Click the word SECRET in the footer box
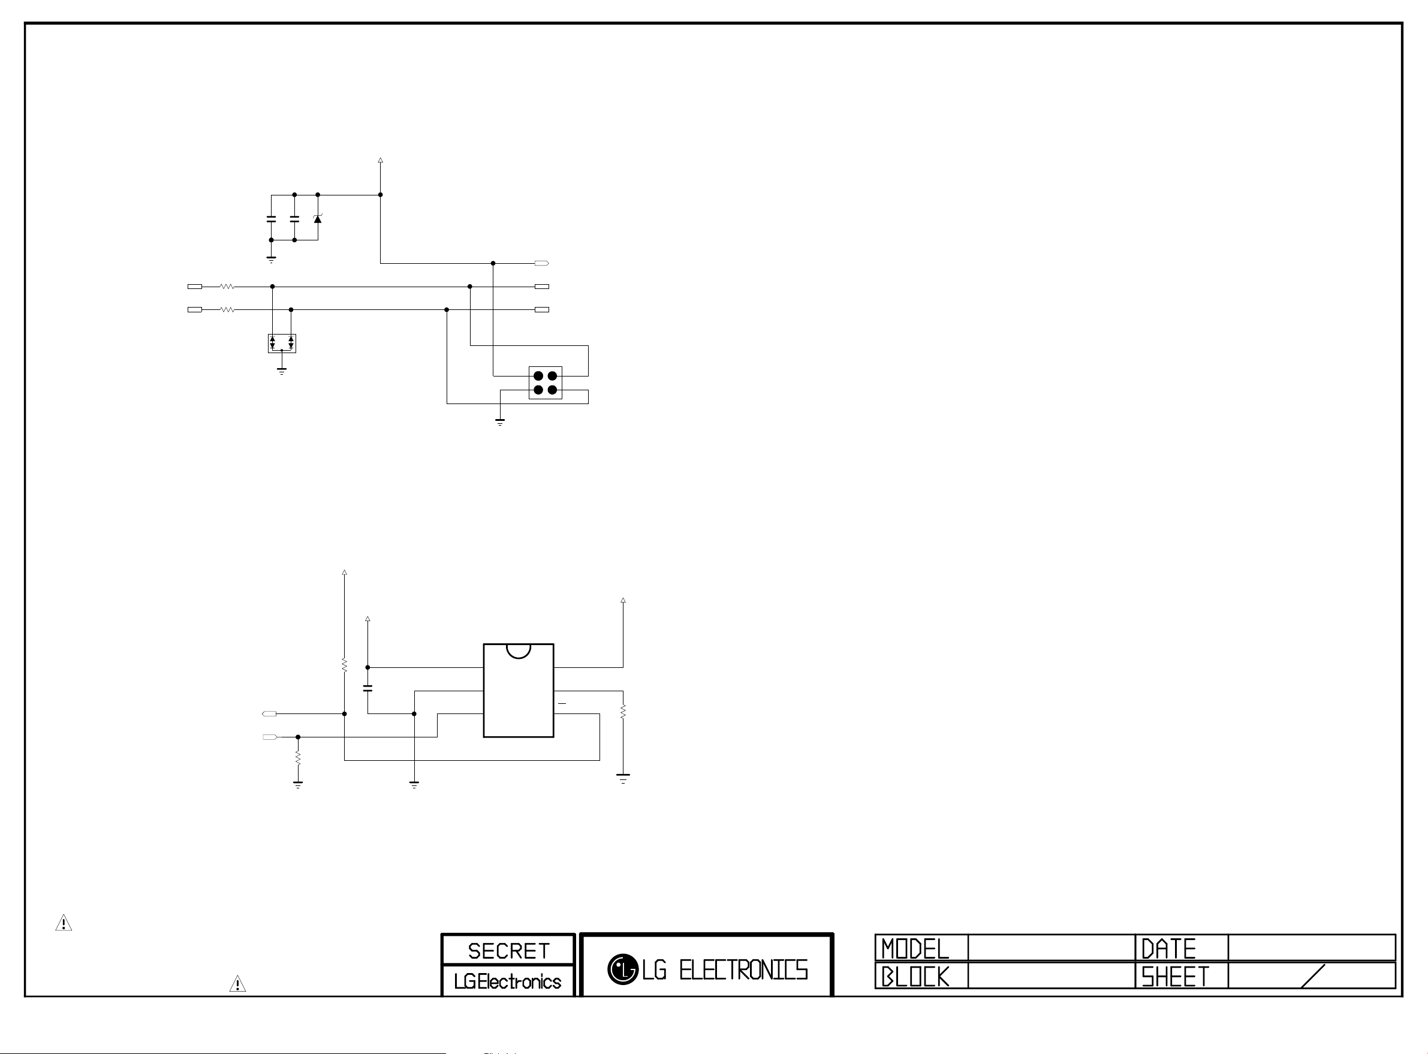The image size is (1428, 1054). [508, 951]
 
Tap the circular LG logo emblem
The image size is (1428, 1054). [622, 969]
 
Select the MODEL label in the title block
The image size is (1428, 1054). [915, 948]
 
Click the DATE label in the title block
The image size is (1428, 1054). [1168, 948]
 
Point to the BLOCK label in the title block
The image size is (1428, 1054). [915, 977]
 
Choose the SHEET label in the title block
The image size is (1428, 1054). [1175, 977]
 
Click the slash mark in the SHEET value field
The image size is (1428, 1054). [1312, 976]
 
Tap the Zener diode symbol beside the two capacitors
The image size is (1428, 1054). [318, 219]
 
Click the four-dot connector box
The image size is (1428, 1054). [546, 383]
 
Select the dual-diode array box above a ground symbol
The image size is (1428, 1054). [282, 344]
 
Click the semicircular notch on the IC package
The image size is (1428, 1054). [519, 650]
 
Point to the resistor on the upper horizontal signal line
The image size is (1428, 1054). [227, 287]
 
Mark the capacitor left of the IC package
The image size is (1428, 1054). [367, 688]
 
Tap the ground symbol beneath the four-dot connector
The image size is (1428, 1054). [500, 421]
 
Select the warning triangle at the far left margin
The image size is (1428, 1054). [64, 923]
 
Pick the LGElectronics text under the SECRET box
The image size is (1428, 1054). [508, 981]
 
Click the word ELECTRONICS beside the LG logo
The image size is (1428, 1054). [743, 971]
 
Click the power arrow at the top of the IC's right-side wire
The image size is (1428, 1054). [623, 600]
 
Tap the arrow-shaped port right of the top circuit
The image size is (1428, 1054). [541, 263]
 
